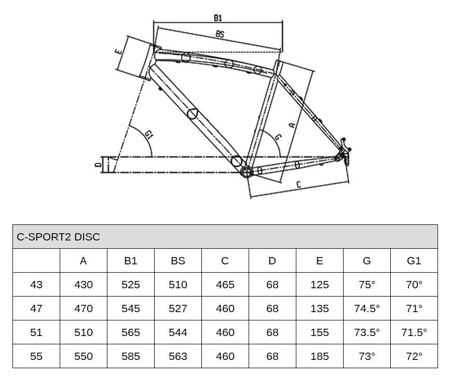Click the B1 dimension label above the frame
point(218,18)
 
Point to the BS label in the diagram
point(220,34)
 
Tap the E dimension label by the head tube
point(118,52)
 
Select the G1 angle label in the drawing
point(149,135)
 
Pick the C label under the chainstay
point(298,184)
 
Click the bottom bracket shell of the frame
point(246,172)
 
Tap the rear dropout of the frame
point(344,153)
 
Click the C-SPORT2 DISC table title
point(59,237)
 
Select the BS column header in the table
point(178,261)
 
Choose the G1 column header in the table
point(414,261)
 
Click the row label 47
point(36,308)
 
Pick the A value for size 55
point(84,356)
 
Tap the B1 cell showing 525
point(131,285)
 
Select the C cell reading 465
point(225,285)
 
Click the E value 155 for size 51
point(320,332)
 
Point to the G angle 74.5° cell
point(367,308)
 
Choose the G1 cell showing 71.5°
point(414,332)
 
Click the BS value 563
point(178,356)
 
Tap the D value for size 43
point(272,285)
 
